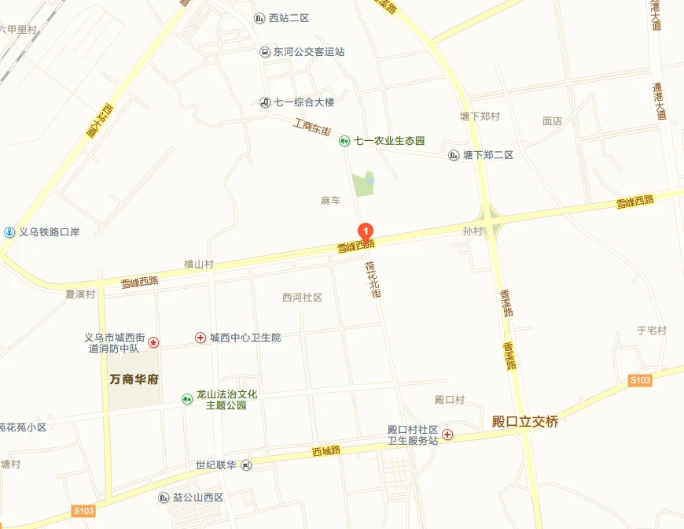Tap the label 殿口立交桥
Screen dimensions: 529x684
coord(524,422)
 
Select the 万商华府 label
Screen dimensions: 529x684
coord(134,379)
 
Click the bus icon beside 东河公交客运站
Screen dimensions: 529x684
coord(265,52)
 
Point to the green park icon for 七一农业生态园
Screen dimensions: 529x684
coord(344,141)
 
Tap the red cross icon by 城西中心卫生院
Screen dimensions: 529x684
coord(200,338)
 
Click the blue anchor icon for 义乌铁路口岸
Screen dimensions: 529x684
coord(9,231)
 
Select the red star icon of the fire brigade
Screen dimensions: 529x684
coord(153,342)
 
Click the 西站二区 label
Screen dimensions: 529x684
coord(289,18)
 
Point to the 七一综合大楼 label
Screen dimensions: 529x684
coord(304,102)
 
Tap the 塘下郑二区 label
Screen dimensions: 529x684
coord(487,155)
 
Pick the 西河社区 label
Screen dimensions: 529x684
coord(302,298)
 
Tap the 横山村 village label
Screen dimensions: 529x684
coord(198,264)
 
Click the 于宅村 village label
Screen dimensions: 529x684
coord(651,331)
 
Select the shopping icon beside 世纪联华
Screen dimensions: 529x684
coord(247,465)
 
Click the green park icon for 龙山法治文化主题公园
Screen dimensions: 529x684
coord(186,399)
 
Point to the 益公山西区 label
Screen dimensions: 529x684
coord(198,498)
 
